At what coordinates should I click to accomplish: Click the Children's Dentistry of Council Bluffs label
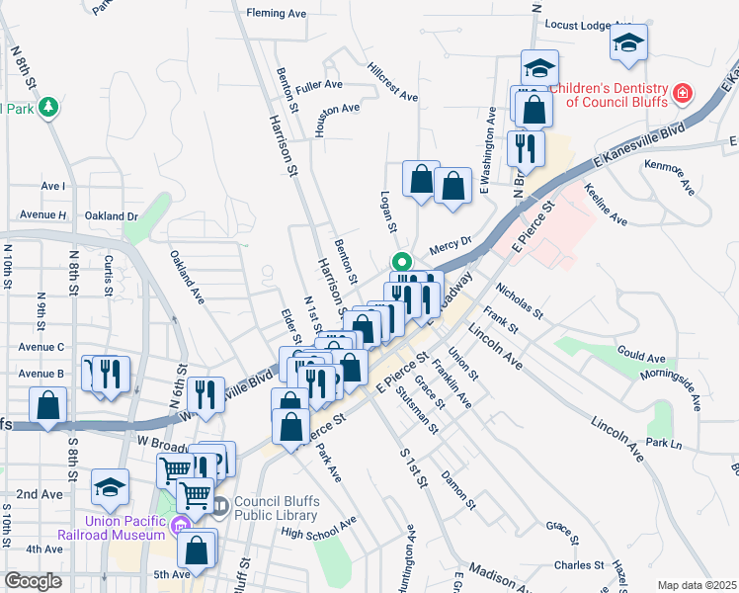pyautogui.click(x=609, y=96)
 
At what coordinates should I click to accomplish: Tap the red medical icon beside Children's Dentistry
pyautogui.click(x=682, y=95)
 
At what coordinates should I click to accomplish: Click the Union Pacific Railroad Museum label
pyautogui.click(x=124, y=528)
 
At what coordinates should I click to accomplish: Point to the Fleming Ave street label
pyautogui.click(x=277, y=14)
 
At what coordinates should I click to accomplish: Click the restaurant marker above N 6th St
pyautogui.click(x=205, y=393)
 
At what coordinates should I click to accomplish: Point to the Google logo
pyautogui.click(x=33, y=581)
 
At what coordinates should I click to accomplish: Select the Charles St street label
pyautogui.click(x=579, y=565)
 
